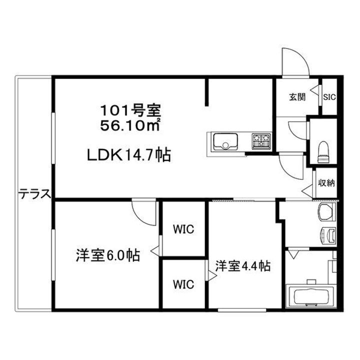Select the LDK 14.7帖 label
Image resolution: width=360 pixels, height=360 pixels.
(x=129, y=155)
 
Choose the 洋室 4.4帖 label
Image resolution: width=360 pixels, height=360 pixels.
(x=243, y=265)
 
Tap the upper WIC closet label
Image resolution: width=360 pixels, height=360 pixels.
(x=183, y=230)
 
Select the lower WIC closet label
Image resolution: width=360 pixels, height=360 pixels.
(x=183, y=284)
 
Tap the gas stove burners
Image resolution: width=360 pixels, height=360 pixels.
(x=260, y=140)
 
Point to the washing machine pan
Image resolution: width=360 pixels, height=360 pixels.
(x=327, y=212)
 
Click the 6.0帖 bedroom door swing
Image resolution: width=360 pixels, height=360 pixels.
(x=145, y=213)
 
